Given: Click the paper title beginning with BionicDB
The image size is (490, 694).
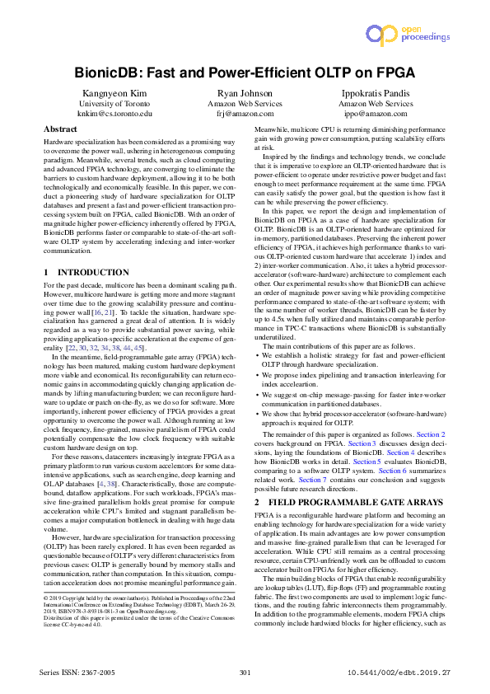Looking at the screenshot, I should point(245,73).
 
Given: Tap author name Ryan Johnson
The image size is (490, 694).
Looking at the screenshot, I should point(245,93).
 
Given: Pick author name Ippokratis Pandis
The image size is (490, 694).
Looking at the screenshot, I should point(376,93).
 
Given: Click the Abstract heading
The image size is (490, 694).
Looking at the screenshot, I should point(60,130).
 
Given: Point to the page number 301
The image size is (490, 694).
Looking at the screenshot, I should point(245,673).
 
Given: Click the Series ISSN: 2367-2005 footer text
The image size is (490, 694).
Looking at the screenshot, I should point(77,673).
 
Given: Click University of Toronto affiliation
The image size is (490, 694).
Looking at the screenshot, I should point(115,104).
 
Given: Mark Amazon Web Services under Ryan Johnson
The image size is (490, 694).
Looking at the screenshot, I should point(245,104).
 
